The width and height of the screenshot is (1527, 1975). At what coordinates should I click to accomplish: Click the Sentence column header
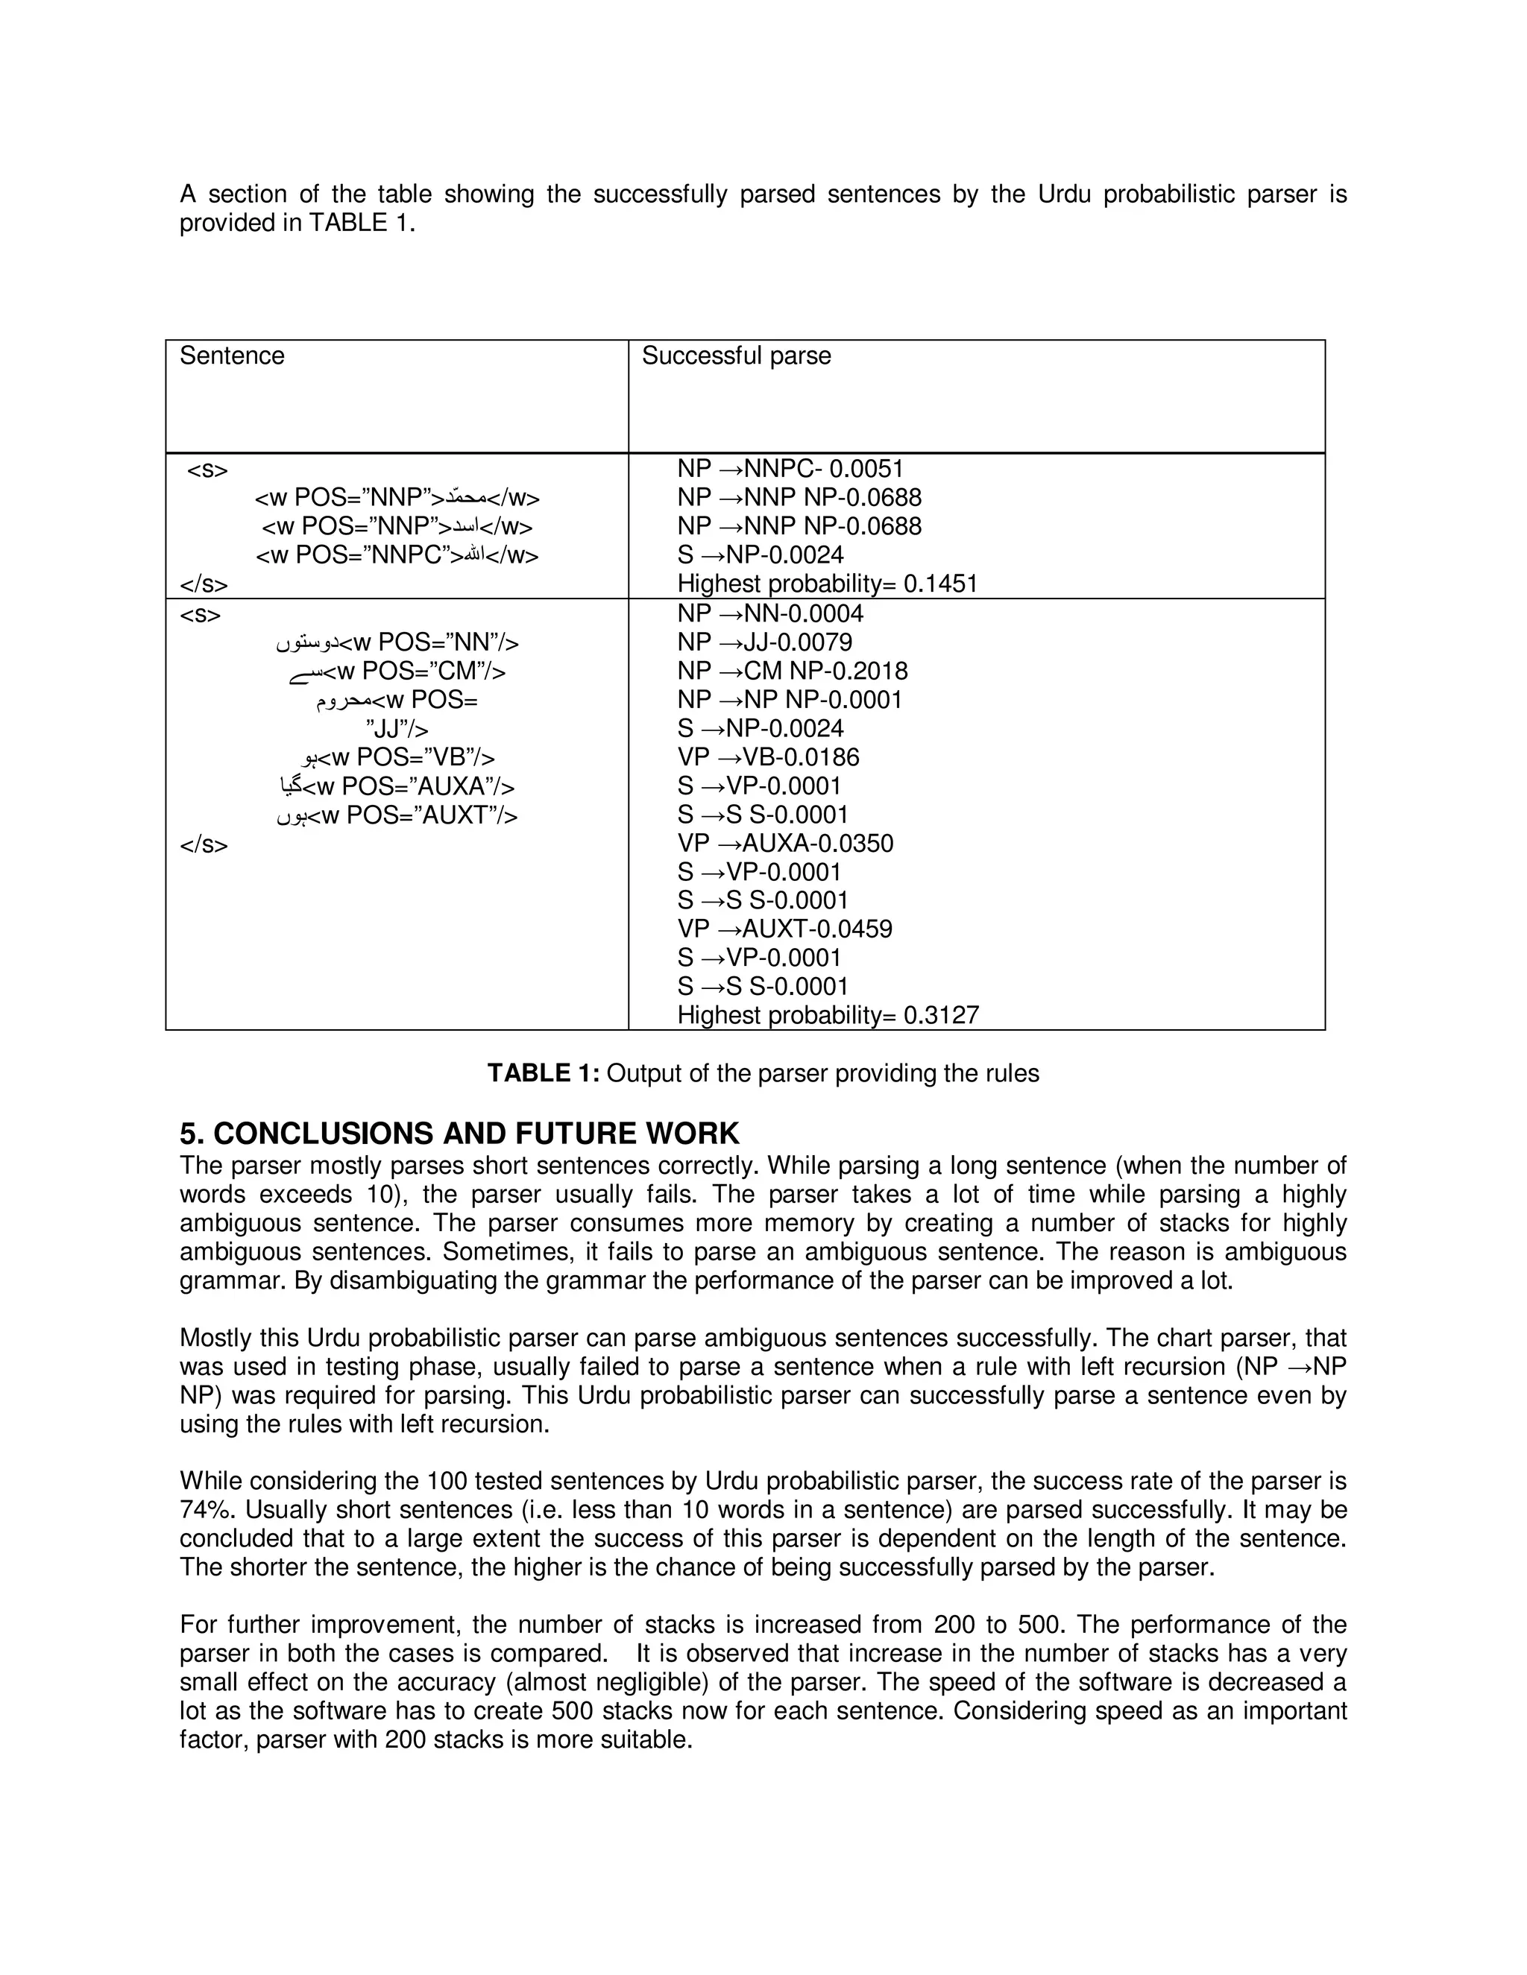point(232,355)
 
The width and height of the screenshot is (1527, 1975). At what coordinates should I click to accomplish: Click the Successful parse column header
point(735,355)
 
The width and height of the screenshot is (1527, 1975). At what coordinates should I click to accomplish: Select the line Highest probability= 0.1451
point(827,584)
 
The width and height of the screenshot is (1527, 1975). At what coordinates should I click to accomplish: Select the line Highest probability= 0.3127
point(828,1014)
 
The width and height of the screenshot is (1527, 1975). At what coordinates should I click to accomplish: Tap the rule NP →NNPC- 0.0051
point(790,469)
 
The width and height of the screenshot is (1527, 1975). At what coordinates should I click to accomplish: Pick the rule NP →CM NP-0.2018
point(792,671)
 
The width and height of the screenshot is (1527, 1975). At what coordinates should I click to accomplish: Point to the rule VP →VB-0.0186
point(768,757)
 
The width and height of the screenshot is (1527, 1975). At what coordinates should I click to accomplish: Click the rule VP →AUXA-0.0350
point(784,843)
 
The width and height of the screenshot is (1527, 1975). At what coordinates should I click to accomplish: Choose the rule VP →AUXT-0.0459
point(784,929)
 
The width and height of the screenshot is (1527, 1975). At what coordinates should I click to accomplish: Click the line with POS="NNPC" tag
point(397,555)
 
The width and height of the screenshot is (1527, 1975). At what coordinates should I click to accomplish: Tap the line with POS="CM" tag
point(397,671)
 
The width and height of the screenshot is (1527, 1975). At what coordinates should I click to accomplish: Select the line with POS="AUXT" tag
point(397,815)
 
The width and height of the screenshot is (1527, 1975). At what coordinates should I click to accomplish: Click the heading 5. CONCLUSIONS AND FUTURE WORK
point(459,1133)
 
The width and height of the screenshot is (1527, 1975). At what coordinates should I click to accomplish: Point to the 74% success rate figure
point(207,1509)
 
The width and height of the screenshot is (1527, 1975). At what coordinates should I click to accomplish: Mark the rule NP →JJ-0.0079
point(764,642)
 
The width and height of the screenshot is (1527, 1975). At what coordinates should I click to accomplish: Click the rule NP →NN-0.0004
point(769,613)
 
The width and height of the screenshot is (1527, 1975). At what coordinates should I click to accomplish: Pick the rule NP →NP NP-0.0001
point(789,699)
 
